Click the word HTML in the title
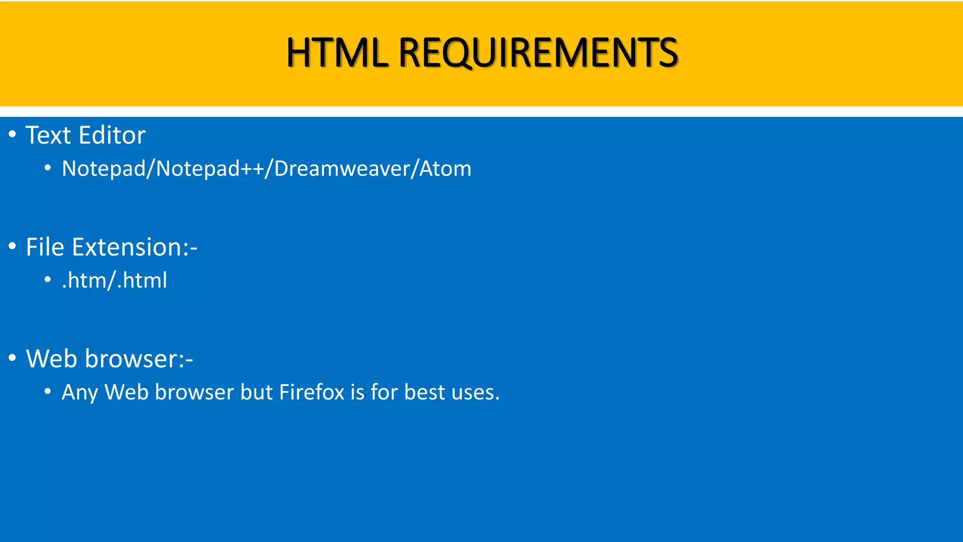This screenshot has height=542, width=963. [337, 53]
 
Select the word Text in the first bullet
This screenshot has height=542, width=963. [48, 135]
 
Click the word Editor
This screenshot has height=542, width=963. [112, 135]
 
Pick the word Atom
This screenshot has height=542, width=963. [445, 169]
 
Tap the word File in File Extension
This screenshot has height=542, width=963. [45, 247]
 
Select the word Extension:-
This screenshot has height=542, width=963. [134, 247]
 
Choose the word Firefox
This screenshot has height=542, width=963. [312, 392]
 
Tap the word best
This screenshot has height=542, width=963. [424, 392]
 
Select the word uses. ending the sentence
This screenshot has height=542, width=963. [475, 392]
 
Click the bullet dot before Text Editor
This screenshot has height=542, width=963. [12, 135]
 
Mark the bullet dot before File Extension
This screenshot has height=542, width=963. [12, 246]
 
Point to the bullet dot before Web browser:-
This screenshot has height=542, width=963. [12, 358]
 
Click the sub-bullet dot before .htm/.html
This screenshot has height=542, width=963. [47, 280]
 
